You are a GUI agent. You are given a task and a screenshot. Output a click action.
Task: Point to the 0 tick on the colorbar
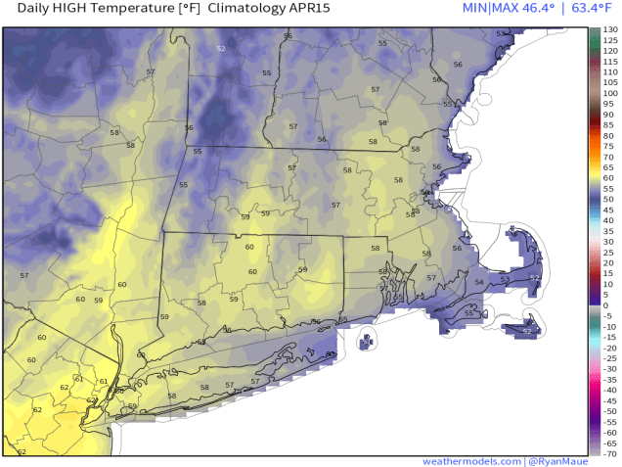pos(606,305)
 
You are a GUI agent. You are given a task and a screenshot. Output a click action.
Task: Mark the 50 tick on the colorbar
pos(607,200)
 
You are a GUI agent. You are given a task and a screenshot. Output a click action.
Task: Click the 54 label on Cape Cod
pos(478,282)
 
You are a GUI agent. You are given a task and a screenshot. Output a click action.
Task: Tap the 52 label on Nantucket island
pos(527,331)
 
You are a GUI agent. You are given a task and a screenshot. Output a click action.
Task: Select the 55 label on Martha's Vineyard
pos(468,313)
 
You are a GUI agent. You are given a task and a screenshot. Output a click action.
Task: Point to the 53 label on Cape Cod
pos(505,279)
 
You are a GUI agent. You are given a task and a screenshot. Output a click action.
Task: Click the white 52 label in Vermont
pos(220,48)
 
